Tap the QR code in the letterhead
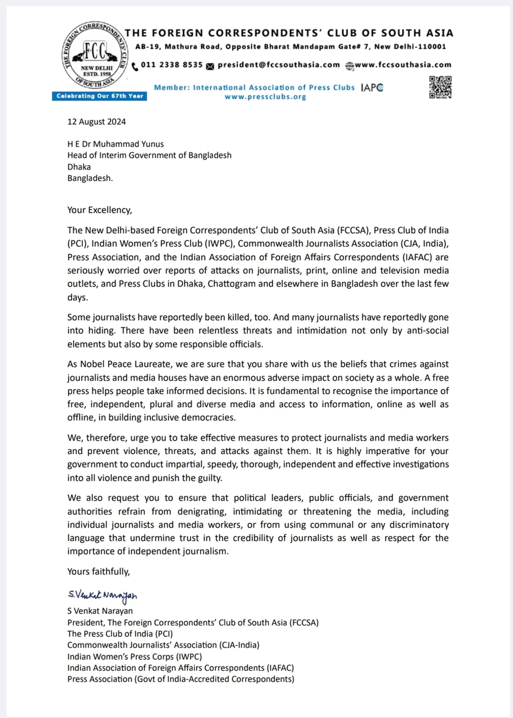coord(440,87)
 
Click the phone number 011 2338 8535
coord(172,65)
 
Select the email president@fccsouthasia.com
coord(279,65)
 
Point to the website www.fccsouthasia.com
coord(403,65)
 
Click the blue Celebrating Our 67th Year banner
coord(99,96)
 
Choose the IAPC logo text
coord(372,87)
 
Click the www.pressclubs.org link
coord(265,97)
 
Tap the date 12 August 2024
coord(97,122)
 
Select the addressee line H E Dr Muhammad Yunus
coord(115,144)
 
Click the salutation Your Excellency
coord(99,210)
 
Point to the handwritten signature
coord(103,596)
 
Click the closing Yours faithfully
coord(99,572)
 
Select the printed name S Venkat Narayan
coord(100,611)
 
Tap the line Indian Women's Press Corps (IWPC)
coord(135,657)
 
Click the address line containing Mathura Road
coord(291,47)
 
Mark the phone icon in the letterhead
coord(135,66)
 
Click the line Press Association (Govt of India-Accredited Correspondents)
coord(181,679)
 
